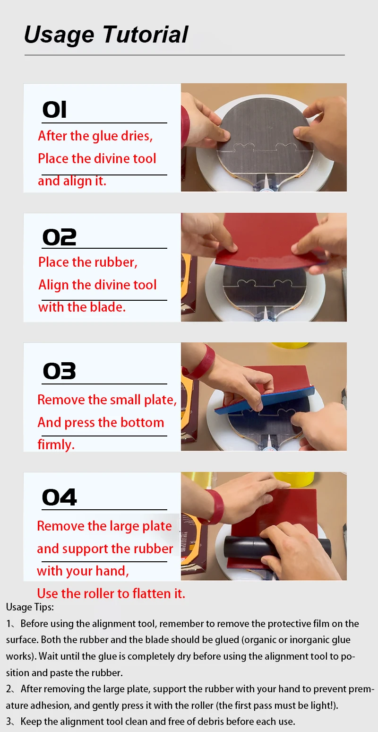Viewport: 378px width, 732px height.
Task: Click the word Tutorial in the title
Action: point(145,35)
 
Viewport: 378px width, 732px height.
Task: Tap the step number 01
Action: point(54,110)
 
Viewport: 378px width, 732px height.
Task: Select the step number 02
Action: point(59,237)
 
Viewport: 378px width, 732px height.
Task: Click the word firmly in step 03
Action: point(56,445)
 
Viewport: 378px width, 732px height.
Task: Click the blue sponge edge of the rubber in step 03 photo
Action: point(265,400)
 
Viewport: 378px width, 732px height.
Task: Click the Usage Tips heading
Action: point(30,607)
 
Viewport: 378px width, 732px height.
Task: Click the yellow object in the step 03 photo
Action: point(290,345)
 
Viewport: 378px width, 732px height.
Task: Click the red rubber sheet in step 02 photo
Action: point(271,238)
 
